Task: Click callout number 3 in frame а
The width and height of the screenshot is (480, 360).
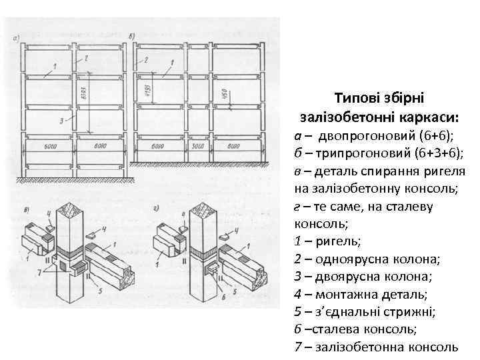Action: [x=61, y=121]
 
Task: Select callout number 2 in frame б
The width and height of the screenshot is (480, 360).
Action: [x=145, y=60]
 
